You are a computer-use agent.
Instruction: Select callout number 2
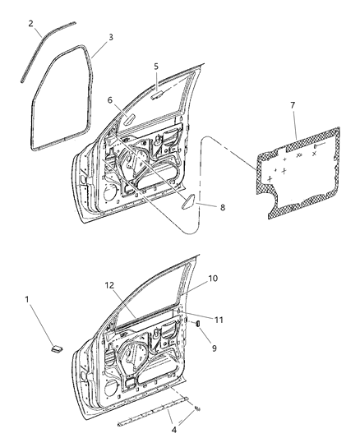pos(30,23)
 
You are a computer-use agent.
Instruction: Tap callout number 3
pos(110,37)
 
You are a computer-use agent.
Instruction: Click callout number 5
pos(155,66)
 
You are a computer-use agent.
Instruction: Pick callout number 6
pos(109,100)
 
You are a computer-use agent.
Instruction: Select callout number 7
pos(293,106)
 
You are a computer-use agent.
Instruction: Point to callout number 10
pos(213,279)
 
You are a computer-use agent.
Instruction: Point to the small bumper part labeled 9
pos(197,326)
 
